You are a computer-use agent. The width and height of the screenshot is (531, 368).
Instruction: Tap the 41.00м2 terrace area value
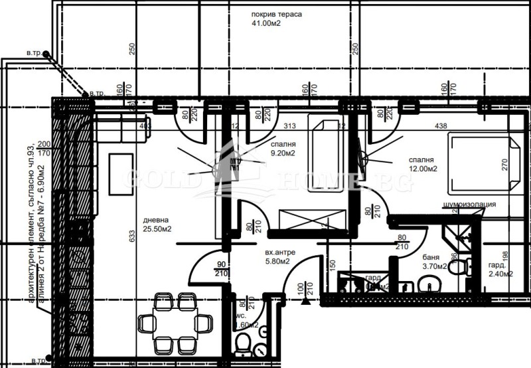[267, 24]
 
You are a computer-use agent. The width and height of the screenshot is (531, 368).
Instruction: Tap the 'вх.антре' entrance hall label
[279, 253]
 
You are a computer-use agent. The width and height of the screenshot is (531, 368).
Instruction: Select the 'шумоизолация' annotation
[469, 205]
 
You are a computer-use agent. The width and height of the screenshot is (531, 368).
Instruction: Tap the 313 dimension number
[289, 125]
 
